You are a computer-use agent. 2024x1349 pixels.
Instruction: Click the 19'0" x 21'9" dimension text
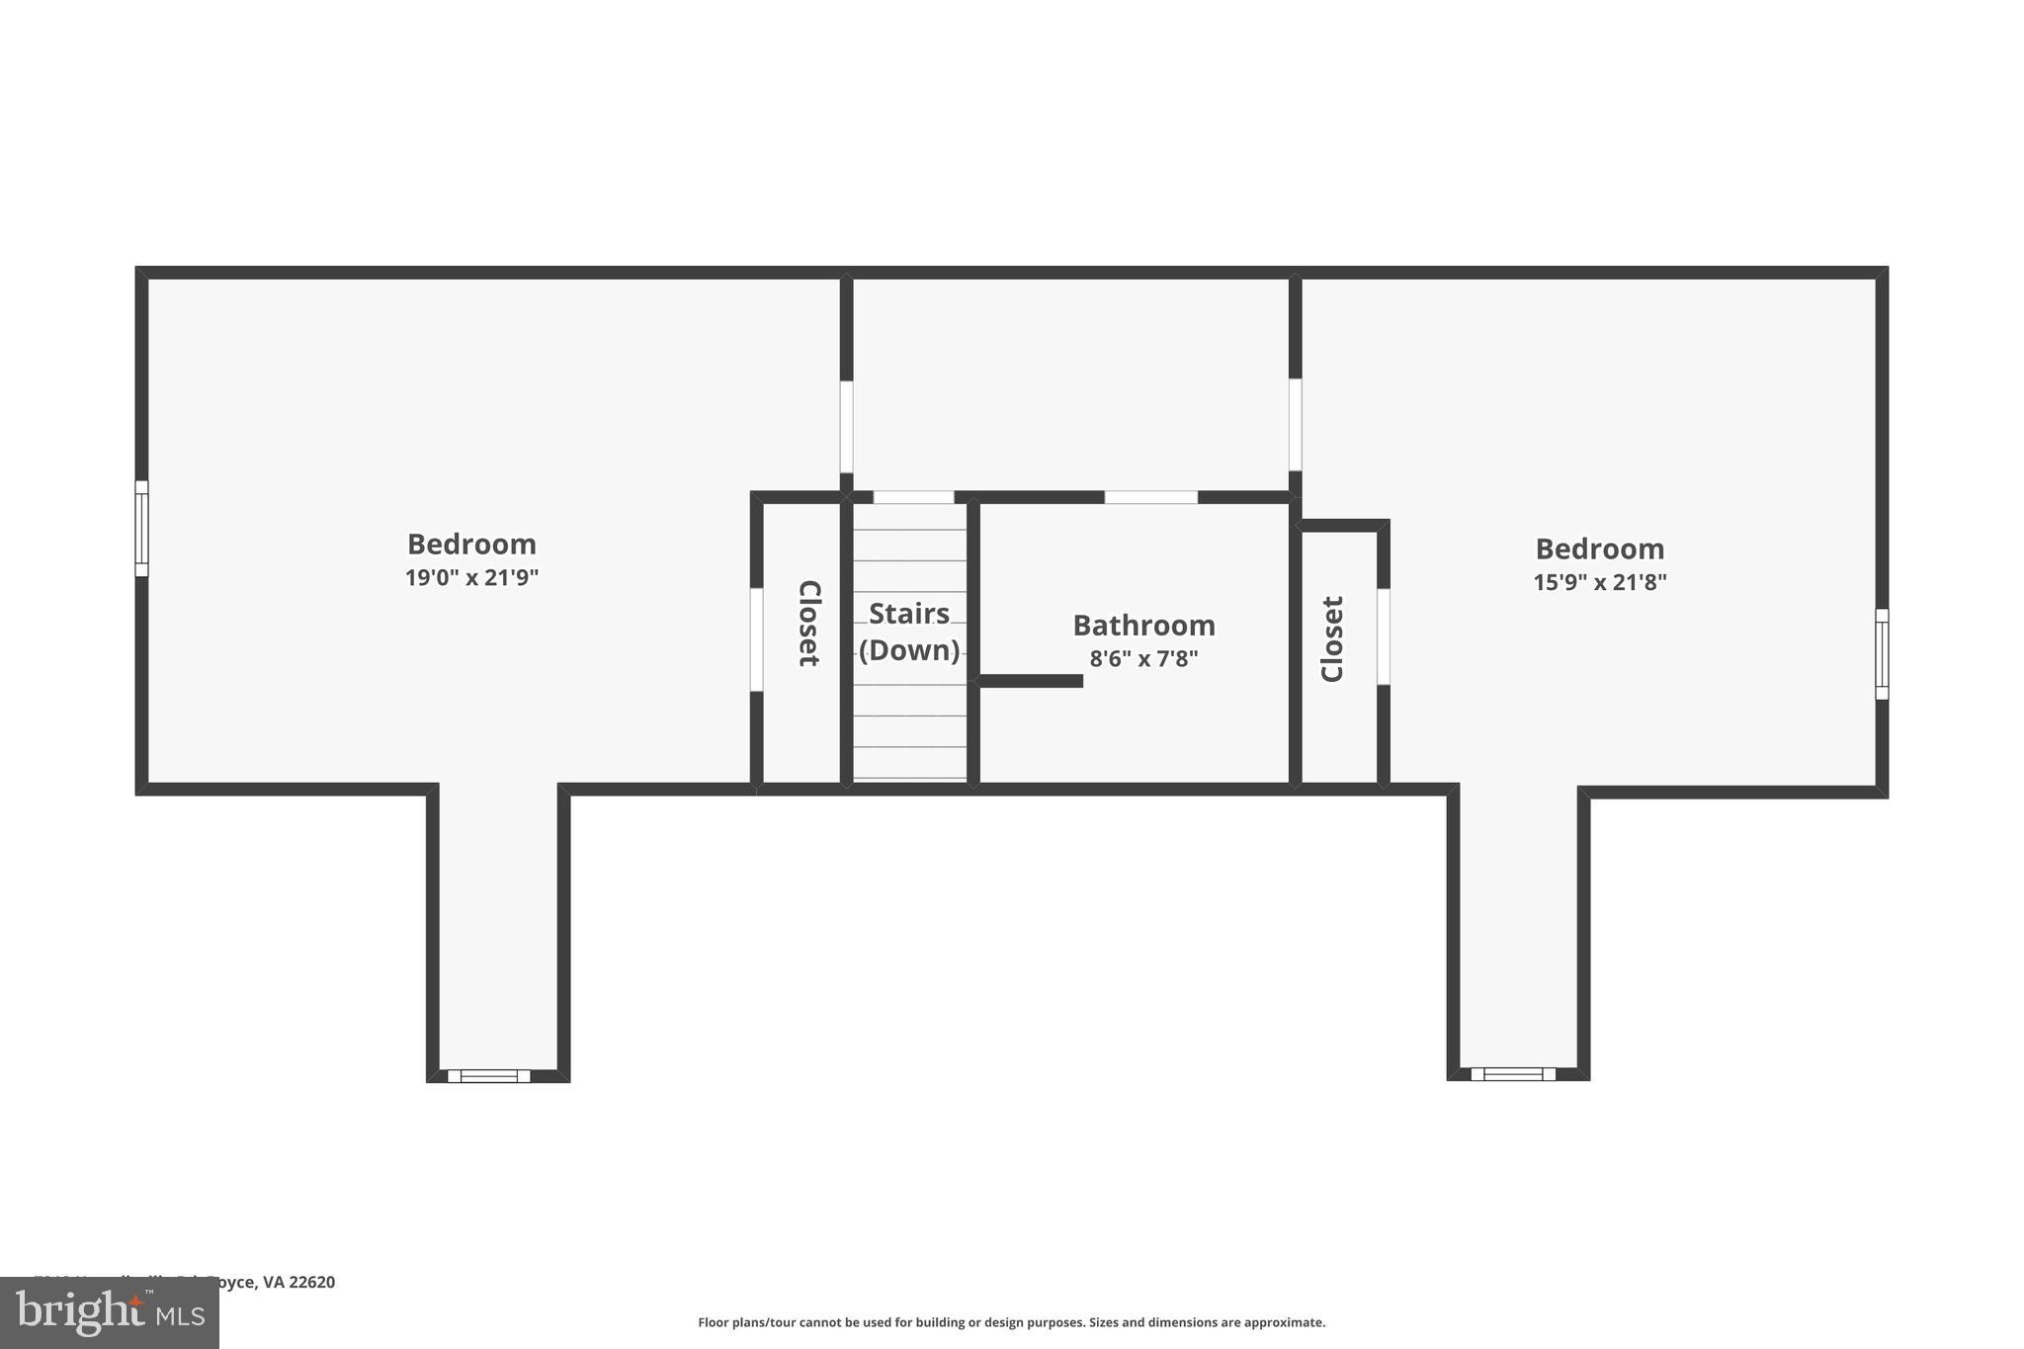(471, 578)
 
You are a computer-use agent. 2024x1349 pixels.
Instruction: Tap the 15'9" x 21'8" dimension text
(1599, 582)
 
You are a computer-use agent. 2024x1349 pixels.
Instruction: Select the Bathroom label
(1143, 626)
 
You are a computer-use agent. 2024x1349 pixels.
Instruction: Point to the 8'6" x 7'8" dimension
(1143, 658)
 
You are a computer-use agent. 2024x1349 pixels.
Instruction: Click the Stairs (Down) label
(909, 632)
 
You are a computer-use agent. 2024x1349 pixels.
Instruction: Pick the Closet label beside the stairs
(808, 623)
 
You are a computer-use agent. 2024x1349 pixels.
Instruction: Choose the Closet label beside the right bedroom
(1332, 638)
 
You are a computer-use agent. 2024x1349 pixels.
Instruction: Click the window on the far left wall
(141, 528)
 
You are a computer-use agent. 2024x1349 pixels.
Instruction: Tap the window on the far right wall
(1882, 653)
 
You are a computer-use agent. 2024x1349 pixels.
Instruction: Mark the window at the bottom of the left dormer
(489, 1075)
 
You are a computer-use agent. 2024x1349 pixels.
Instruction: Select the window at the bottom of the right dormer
(1512, 1073)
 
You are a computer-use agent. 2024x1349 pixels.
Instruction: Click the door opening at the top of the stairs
(913, 497)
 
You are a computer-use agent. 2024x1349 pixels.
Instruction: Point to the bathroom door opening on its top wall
(1150, 497)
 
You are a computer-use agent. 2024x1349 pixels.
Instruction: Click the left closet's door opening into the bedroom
(756, 639)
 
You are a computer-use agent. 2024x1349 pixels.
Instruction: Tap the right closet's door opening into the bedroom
(1384, 636)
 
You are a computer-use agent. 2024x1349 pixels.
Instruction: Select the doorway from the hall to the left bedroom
(846, 426)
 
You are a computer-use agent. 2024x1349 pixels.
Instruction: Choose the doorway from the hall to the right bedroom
(1295, 424)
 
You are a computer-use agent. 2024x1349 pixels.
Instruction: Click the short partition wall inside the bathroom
(1030, 681)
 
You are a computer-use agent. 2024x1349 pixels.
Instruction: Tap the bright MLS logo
(109, 1312)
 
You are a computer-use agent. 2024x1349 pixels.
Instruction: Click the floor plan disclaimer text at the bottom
(1011, 1322)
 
